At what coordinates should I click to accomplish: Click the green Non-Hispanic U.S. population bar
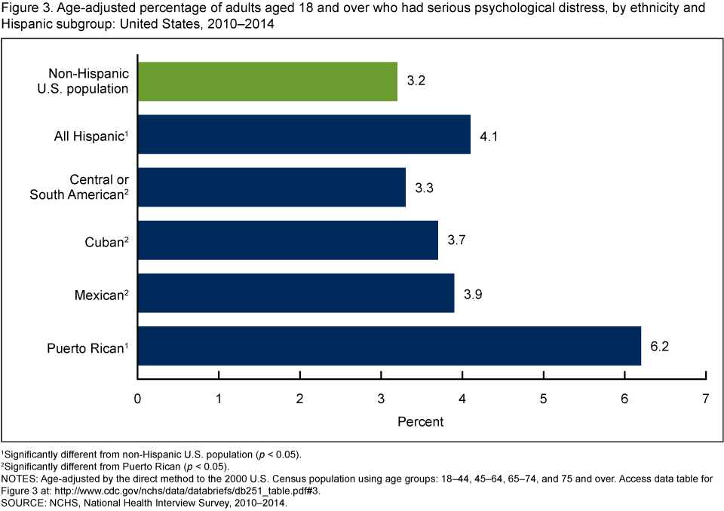tap(267, 81)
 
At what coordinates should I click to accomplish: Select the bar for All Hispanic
tap(304, 134)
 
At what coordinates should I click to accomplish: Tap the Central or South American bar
tap(271, 187)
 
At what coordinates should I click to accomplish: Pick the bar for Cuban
tap(287, 240)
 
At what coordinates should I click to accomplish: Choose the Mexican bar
tap(296, 293)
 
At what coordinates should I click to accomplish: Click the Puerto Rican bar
tap(389, 346)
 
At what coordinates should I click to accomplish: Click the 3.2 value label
tap(416, 81)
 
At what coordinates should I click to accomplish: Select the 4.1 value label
tap(489, 134)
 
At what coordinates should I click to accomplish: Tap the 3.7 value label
tap(456, 240)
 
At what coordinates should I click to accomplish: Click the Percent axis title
tap(421, 421)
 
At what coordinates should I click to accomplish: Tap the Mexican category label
tap(98, 295)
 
